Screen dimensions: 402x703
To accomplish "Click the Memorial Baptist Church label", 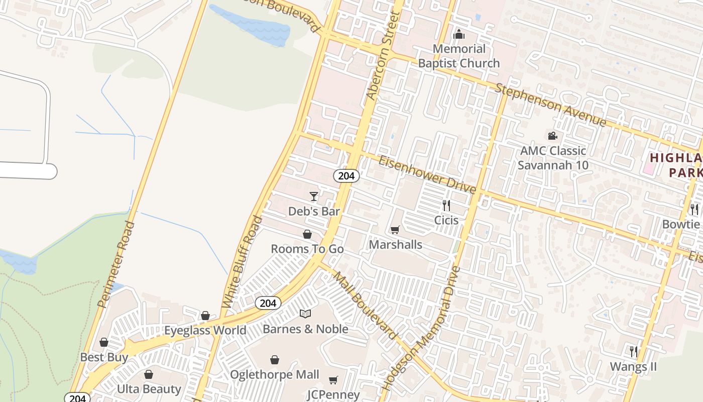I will (x=459, y=56).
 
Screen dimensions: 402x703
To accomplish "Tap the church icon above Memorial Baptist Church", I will (x=459, y=35).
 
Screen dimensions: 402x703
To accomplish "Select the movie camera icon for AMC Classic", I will (x=552, y=136).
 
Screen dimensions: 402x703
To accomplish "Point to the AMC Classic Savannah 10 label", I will (x=553, y=158).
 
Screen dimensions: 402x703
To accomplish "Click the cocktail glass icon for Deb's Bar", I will (x=314, y=196).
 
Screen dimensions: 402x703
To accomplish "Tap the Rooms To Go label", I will (x=307, y=249).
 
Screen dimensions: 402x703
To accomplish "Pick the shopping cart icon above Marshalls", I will (x=395, y=230).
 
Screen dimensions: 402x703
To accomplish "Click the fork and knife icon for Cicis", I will (x=446, y=205).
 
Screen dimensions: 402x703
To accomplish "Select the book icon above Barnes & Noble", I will (x=305, y=314).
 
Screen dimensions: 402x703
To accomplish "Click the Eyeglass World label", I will (x=205, y=330).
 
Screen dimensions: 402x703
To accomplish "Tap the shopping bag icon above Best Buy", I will (x=104, y=342).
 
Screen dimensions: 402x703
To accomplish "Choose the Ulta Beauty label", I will (x=149, y=389).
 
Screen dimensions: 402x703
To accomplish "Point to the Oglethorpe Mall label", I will (x=274, y=374).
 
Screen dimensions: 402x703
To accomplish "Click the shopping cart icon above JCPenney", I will (x=333, y=380).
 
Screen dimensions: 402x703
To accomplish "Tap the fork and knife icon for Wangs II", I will (x=634, y=351).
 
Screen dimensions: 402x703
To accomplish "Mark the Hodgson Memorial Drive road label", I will (x=420, y=329).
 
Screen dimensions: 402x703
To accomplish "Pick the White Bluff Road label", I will (x=242, y=262).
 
